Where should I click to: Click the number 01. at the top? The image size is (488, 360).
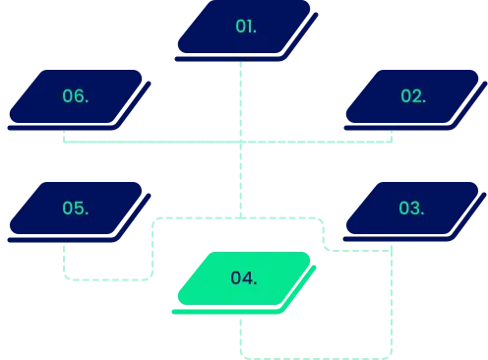click(x=246, y=27)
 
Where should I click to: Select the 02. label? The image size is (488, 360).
click(x=413, y=96)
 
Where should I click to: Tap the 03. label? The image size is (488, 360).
click(x=411, y=209)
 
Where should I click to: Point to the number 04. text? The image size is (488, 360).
click(x=244, y=278)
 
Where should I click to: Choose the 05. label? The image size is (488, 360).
click(x=76, y=209)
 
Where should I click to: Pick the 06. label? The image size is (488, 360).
click(x=76, y=96)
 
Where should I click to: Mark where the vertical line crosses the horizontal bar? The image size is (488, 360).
click(x=240, y=143)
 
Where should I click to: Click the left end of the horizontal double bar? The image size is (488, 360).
click(x=66, y=143)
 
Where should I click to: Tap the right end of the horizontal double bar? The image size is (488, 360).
click(x=391, y=143)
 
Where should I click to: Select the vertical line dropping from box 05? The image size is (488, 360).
click(x=66, y=258)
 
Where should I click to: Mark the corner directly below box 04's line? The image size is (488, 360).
click(x=241, y=354)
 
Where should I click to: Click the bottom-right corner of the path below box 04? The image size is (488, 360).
click(x=392, y=354)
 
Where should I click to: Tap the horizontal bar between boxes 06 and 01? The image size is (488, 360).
click(x=148, y=143)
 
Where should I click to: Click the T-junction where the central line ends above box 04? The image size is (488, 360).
click(x=240, y=215)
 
